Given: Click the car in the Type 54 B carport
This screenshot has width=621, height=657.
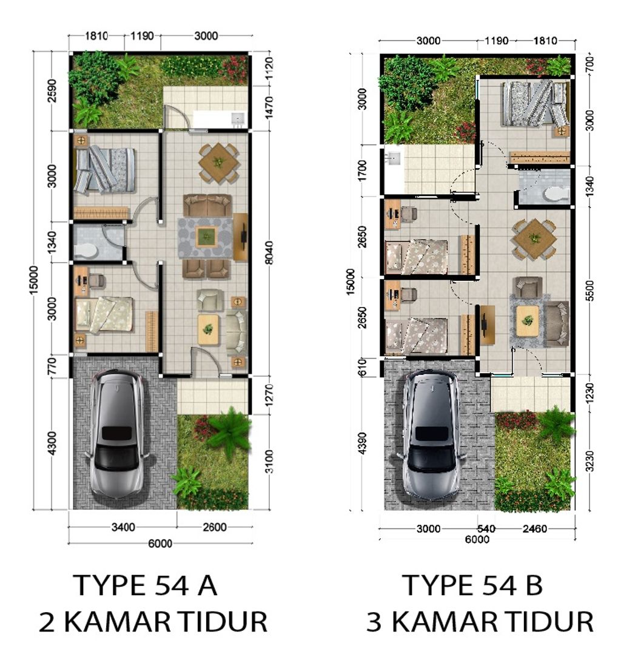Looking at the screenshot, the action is (432, 434).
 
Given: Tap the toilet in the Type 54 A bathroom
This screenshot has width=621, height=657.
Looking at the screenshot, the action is (86, 251).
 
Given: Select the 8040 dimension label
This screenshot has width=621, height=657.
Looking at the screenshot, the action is (269, 252).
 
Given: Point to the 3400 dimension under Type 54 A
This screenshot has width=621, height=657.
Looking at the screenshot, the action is (123, 527).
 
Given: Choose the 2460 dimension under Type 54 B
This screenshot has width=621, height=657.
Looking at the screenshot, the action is (535, 529).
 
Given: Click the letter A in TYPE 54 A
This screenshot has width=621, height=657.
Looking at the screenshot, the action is (207, 585).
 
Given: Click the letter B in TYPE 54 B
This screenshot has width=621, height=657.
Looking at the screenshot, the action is (534, 585).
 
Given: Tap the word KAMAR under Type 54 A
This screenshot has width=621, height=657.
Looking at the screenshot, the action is (117, 621).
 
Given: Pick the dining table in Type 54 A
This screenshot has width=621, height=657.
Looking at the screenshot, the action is (218, 163).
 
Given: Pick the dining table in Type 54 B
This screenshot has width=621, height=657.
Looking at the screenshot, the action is (535, 239).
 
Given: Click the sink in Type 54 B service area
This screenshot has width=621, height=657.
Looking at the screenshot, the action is (394, 158).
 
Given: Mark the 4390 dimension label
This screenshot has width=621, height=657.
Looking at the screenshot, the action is (362, 443).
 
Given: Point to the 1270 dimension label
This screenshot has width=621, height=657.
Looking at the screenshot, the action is (269, 395).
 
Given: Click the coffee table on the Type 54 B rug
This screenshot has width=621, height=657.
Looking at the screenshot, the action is (528, 321).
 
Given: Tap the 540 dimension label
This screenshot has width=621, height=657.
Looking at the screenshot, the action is (486, 529).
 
